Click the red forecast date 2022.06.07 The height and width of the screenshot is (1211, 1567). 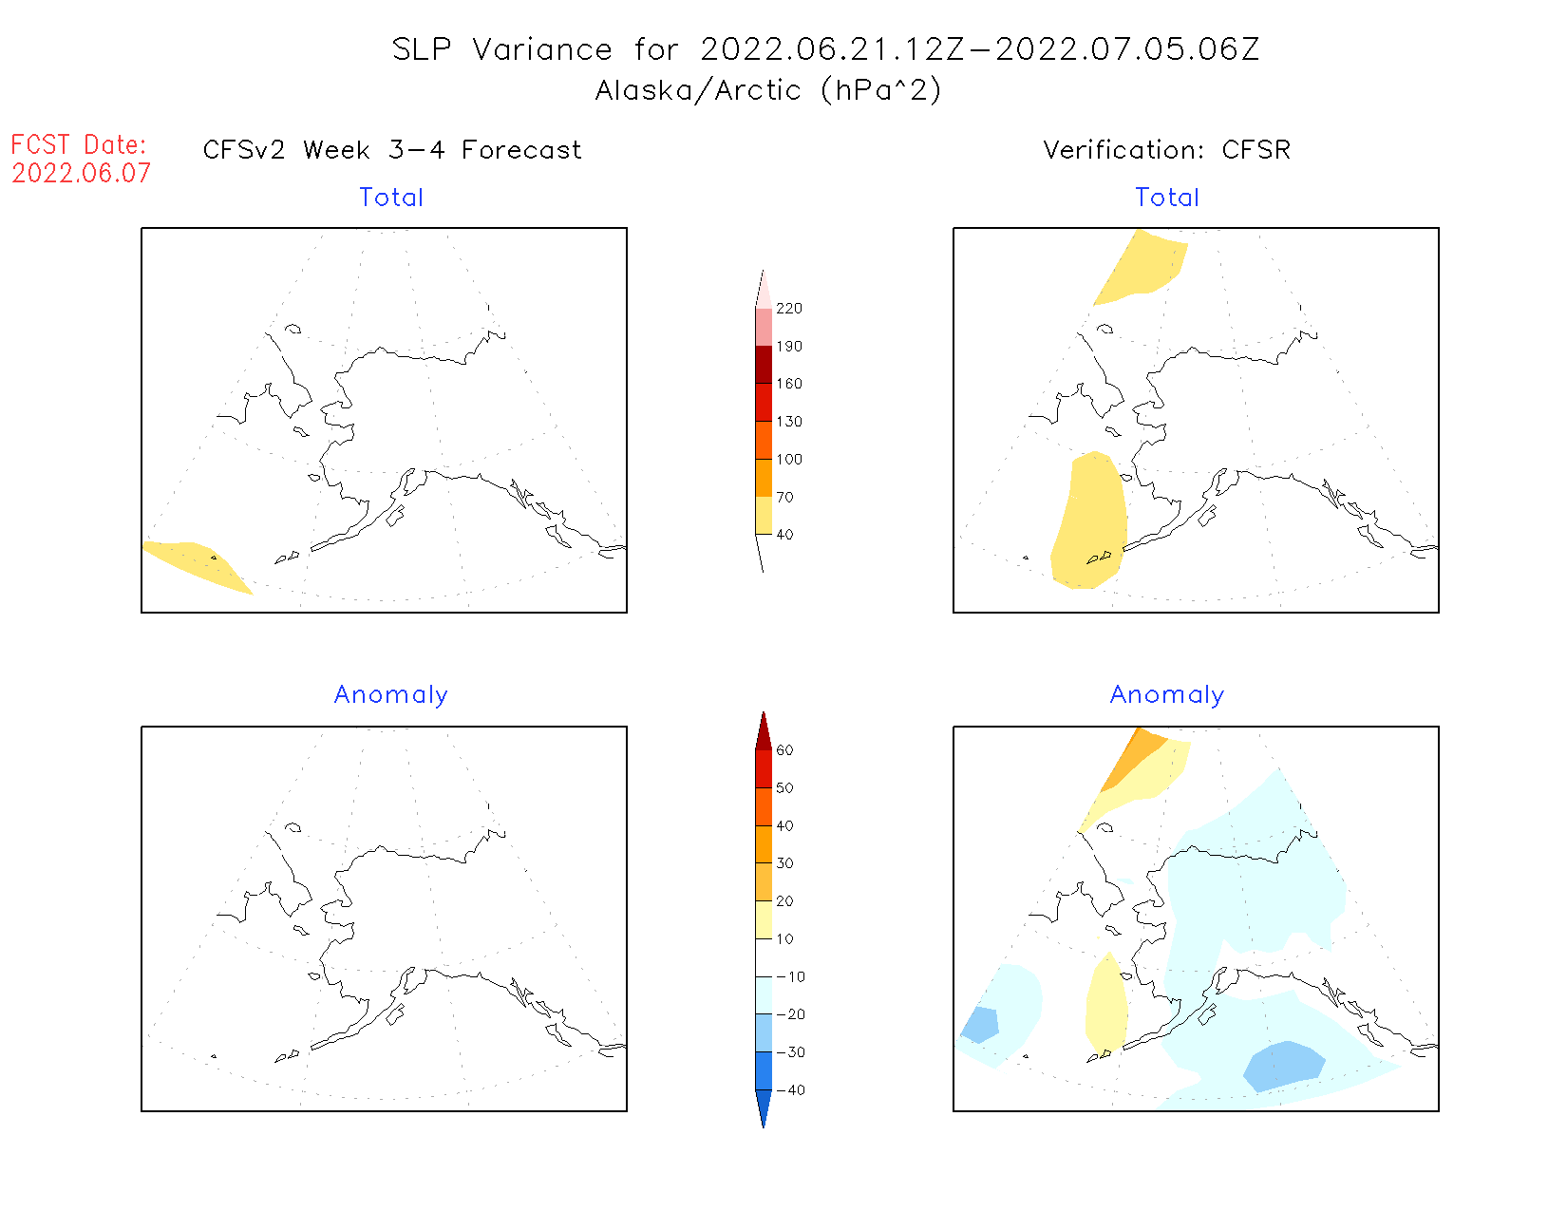(x=81, y=173)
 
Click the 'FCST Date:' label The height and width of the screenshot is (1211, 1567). (x=79, y=144)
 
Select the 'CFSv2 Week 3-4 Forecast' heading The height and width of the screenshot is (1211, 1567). (x=392, y=150)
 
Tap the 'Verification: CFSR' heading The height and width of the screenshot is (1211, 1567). (x=1166, y=150)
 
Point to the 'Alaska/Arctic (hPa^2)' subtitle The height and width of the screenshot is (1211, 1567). (x=768, y=90)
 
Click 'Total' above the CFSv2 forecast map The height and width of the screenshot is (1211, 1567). (x=391, y=198)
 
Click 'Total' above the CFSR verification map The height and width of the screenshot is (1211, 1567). (x=1167, y=198)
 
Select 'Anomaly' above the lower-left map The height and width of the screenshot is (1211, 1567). (x=390, y=695)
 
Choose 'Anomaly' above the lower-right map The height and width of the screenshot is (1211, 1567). (x=1167, y=695)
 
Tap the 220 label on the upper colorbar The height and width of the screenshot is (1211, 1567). (x=788, y=309)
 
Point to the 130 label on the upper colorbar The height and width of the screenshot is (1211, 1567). (x=788, y=422)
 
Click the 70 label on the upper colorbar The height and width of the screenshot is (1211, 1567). (x=784, y=497)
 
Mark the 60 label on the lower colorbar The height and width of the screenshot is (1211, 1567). (x=784, y=750)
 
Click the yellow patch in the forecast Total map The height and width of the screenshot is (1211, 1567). (x=195, y=562)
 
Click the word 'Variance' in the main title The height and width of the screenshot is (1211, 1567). (x=542, y=49)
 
